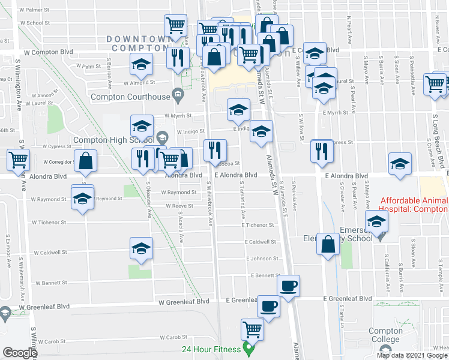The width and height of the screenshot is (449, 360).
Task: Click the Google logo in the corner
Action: tap(19, 353)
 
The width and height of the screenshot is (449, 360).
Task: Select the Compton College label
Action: tap(385, 335)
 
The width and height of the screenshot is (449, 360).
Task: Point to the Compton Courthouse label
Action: tap(130, 97)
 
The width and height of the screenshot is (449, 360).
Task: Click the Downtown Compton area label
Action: tap(139, 43)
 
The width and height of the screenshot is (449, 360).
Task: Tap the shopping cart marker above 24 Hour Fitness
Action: tap(252, 329)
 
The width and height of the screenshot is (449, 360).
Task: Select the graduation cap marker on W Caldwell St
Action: tap(142, 248)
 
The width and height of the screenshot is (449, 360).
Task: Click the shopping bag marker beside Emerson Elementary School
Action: tap(328, 244)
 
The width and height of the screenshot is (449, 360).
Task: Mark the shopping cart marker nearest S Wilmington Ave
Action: tap(19, 160)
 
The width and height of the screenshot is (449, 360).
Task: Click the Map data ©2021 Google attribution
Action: tap(412, 355)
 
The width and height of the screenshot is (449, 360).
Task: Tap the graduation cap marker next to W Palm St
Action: tap(141, 64)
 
